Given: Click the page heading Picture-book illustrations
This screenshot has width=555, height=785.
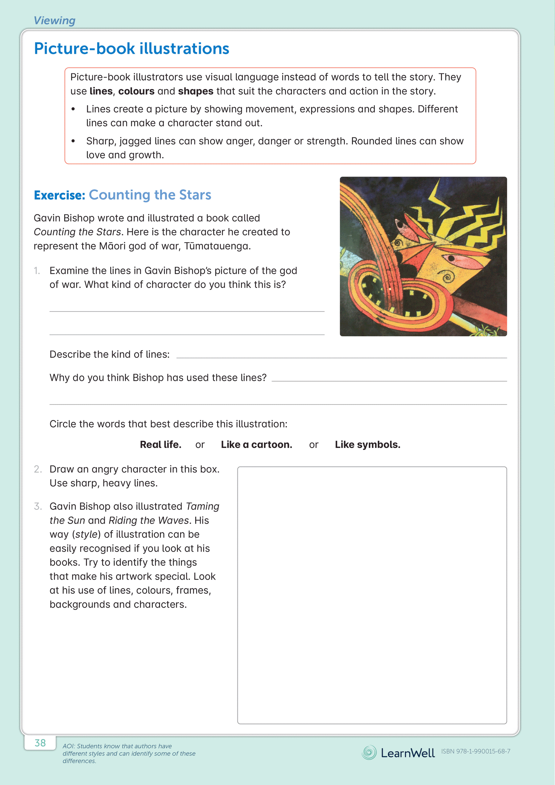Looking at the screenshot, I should (131, 49).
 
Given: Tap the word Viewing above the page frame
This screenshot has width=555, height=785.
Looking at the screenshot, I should (54, 20).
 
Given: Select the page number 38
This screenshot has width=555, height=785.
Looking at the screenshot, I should (40, 743).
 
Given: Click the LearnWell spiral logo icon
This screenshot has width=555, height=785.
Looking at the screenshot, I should (369, 752).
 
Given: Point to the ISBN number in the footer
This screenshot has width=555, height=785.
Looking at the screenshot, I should (475, 752).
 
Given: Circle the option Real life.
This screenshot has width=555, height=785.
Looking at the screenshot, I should (160, 445).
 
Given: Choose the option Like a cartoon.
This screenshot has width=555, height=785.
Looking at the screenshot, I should (256, 445).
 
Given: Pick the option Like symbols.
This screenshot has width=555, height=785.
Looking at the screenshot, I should (367, 445).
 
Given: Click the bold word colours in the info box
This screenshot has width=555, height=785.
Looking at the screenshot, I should (136, 91).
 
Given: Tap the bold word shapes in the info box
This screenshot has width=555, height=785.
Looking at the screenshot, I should (195, 91).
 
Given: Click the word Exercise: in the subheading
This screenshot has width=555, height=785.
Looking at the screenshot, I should (59, 195).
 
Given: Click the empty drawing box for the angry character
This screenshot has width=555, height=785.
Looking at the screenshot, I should (372, 595).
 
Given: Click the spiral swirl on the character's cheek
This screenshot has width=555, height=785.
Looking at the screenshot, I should (447, 276).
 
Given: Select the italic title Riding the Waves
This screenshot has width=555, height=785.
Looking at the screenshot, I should (149, 521).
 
